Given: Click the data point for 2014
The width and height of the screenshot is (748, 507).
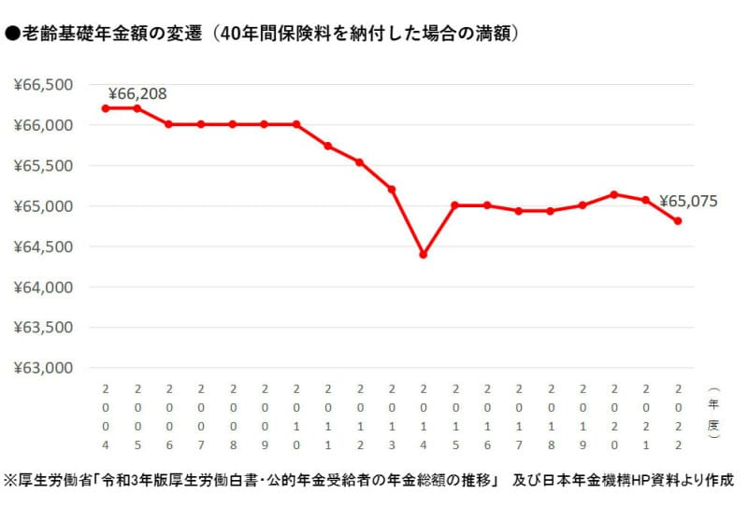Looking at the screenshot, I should pyautogui.click(x=423, y=254).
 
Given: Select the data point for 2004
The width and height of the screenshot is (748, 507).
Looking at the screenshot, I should pyautogui.click(x=105, y=108).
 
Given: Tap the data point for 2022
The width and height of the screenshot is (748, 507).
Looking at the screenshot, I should pyautogui.click(x=677, y=220).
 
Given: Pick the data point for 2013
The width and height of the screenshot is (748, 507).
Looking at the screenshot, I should pyautogui.click(x=391, y=190).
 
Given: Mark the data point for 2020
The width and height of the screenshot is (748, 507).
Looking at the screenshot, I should pyautogui.click(x=613, y=194).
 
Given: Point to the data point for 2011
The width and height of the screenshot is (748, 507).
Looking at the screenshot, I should pyautogui.click(x=327, y=146).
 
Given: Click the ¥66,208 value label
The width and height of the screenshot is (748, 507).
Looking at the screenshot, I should pyautogui.click(x=137, y=93).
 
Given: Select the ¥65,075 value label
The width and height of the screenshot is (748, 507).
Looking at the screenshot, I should pyautogui.click(x=689, y=200).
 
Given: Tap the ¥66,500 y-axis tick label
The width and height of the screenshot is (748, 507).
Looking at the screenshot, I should pyautogui.click(x=44, y=85).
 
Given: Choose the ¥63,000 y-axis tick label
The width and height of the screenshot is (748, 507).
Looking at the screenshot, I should pyautogui.click(x=44, y=368).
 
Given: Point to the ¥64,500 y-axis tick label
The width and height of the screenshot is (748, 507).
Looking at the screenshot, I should pyautogui.click(x=44, y=246).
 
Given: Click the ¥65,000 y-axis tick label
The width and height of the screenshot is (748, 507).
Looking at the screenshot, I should pyautogui.click(x=44, y=206).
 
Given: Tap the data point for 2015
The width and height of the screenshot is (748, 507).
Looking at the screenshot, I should pyautogui.click(x=454, y=205).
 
